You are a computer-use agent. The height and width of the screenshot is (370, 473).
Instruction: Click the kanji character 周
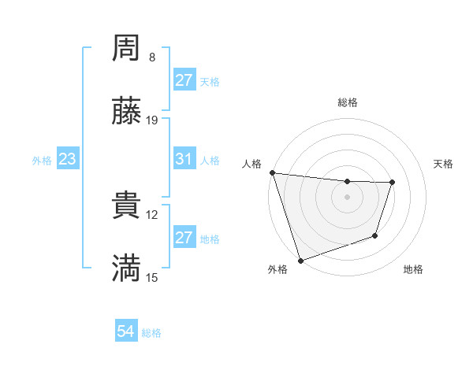click(x=127, y=50)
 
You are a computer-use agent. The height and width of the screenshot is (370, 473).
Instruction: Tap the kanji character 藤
click(x=127, y=112)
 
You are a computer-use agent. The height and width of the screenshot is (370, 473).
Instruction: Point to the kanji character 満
click(x=127, y=268)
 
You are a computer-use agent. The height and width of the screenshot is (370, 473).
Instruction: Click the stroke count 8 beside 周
click(x=152, y=57)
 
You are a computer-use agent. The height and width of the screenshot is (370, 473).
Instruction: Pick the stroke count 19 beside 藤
click(x=152, y=120)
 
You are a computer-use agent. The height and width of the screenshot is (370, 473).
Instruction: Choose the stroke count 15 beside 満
click(x=152, y=276)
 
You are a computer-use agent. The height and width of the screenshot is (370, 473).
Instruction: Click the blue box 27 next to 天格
click(x=184, y=80)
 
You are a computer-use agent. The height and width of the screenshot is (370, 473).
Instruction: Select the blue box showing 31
click(x=184, y=159)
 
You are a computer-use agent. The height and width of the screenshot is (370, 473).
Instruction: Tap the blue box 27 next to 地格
click(x=184, y=238)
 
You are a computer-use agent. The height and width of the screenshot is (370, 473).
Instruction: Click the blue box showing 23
click(x=67, y=159)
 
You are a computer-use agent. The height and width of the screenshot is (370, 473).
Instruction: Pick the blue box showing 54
click(x=126, y=332)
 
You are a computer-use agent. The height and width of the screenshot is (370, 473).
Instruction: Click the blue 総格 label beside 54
click(x=151, y=333)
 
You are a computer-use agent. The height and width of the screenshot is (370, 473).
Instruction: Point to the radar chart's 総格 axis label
click(x=348, y=102)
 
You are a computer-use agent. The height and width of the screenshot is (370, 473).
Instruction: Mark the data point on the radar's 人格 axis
click(x=272, y=172)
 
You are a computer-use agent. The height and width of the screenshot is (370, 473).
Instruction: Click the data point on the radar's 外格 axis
click(x=300, y=260)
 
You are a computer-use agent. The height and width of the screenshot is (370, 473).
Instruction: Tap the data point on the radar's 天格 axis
click(x=392, y=183)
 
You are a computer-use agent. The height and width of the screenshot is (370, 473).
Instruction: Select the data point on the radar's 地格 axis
click(x=375, y=235)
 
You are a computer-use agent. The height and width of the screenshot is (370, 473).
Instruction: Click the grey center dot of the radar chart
click(x=348, y=197)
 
